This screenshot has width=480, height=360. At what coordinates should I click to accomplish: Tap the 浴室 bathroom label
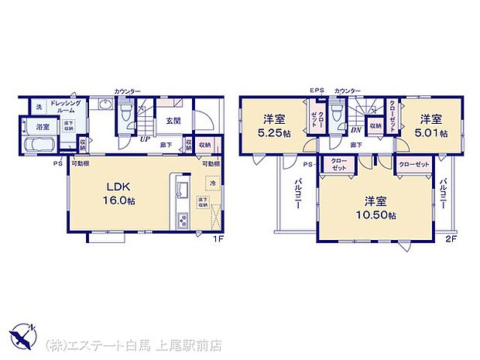42,125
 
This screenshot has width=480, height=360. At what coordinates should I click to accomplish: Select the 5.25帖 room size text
276,132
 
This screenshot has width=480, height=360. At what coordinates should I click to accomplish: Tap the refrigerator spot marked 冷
211,184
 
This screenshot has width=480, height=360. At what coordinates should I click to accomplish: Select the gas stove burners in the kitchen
183,220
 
